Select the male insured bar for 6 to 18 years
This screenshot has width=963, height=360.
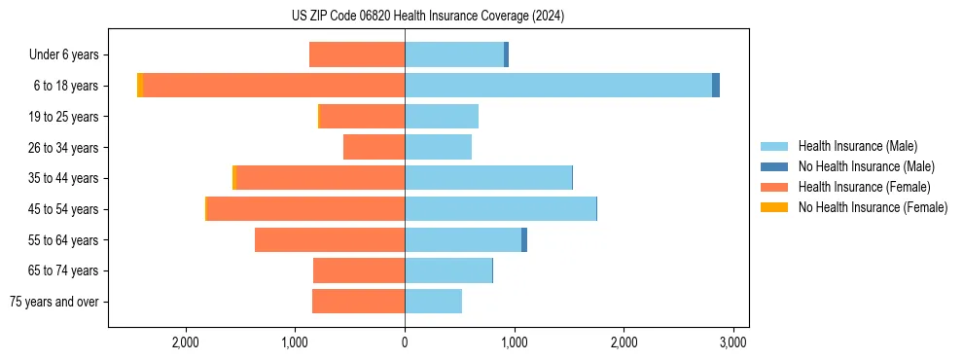(558, 86)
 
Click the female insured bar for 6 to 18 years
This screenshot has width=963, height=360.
(273, 86)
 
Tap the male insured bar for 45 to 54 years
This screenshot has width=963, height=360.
(500, 209)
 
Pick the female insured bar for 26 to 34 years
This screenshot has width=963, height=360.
(374, 147)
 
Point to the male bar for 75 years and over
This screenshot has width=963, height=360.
(434, 302)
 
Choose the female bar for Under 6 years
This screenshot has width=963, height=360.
(357, 55)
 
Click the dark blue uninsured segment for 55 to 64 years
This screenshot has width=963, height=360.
(524, 240)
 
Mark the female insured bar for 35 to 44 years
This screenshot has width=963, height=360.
(320, 178)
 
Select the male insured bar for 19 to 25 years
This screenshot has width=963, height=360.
(442, 117)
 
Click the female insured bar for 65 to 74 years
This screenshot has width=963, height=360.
(359, 270)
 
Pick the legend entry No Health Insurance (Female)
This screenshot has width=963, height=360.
(872, 207)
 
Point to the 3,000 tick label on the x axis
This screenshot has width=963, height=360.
(732, 342)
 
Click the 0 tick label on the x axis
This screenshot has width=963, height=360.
(405, 342)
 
